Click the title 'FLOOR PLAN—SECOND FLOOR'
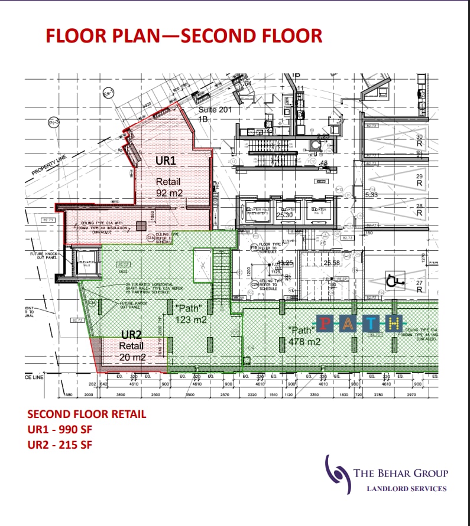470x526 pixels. point(184,35)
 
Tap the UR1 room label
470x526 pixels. point(166,161)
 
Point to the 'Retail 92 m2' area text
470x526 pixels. point(168,187)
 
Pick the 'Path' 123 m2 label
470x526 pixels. point(190,313)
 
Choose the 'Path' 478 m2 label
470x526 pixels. point(303,336)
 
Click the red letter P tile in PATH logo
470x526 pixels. point(326,323)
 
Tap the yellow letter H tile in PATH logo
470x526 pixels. point(394,323)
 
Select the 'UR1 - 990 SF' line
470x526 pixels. point(60,429)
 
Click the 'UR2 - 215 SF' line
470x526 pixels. point(60,445)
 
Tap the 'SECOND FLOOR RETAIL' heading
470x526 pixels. point(86,414)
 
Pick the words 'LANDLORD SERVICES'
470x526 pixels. point(407,488)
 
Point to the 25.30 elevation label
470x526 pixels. point(285,215)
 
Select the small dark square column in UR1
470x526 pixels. point(141,225)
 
